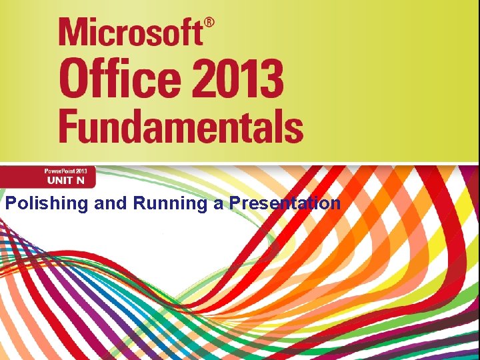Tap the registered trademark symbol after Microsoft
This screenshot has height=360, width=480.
pos(209,24)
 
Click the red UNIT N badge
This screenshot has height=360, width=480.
pos(48,177)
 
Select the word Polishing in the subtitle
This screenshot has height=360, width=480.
pos(47,204)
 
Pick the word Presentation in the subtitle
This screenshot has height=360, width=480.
pos(285,203)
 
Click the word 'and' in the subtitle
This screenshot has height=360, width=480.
pos(110,203)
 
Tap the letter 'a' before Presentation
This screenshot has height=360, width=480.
pos(219,204)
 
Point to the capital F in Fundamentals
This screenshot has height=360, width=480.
pos(69,125)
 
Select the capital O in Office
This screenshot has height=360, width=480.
pos(74,79)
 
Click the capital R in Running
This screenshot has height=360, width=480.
pos(139,203)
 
